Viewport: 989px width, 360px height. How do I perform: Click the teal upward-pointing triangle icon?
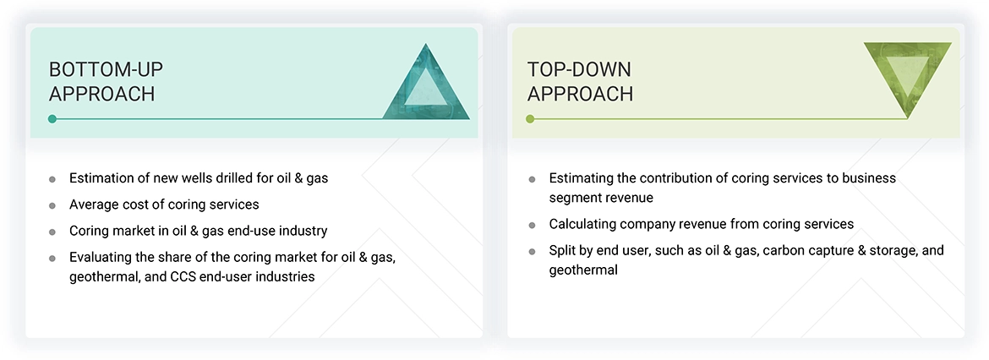[x=426, y=85]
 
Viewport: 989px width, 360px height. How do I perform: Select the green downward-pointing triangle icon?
[x=907, y=78]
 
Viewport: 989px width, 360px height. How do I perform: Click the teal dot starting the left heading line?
[x=52, y=119]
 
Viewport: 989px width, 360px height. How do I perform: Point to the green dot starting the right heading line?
[x=530, y=119]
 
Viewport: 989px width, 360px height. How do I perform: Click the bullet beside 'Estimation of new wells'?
[x=52, y=179]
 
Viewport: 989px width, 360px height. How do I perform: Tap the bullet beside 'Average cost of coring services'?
[x=52, y=205]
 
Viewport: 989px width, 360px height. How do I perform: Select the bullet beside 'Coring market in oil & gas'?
[x=52, y=232]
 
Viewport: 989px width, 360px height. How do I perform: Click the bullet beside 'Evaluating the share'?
[x=52, y=258]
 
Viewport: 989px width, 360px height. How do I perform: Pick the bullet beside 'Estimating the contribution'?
[x=532, y=179]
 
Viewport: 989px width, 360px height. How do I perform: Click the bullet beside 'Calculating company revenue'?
[x=532, y=226]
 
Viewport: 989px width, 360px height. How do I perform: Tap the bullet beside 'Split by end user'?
[x=532, y=252]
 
